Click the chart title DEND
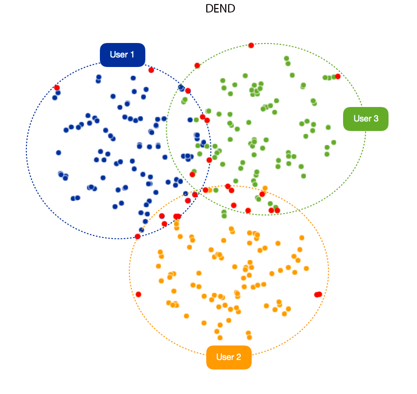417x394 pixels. (220, 8)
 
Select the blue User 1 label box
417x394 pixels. (122, 54)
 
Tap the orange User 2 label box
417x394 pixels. (229, 357)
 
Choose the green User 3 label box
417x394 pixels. (366, 118)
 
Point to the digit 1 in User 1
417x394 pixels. (132, 54)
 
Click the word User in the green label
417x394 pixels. (361, 118)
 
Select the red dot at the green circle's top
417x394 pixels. (251, 45)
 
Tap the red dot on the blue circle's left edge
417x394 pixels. (57, 87)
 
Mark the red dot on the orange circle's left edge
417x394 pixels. (138, 294)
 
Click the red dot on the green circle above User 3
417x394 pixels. (338, 76)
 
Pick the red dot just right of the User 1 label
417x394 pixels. (151, 70)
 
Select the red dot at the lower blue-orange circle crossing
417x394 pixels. (138, 236)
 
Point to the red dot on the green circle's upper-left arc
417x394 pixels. (197, 65)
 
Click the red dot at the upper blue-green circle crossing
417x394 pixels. (188, 90)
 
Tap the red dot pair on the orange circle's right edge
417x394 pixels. (318, 294)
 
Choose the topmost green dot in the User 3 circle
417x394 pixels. (286, 58)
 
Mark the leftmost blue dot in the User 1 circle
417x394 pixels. (55, 97)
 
